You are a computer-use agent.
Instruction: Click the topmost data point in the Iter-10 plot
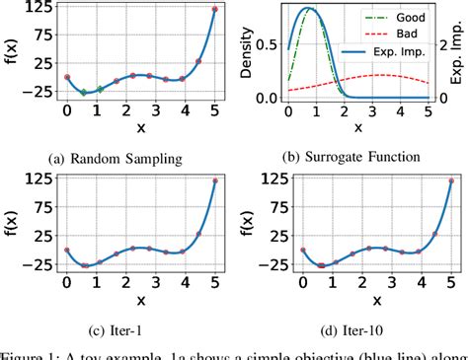click(451, 180)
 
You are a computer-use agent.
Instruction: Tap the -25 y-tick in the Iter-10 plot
click(271, 265)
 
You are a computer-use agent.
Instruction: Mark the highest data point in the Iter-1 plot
click(215, 180)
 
